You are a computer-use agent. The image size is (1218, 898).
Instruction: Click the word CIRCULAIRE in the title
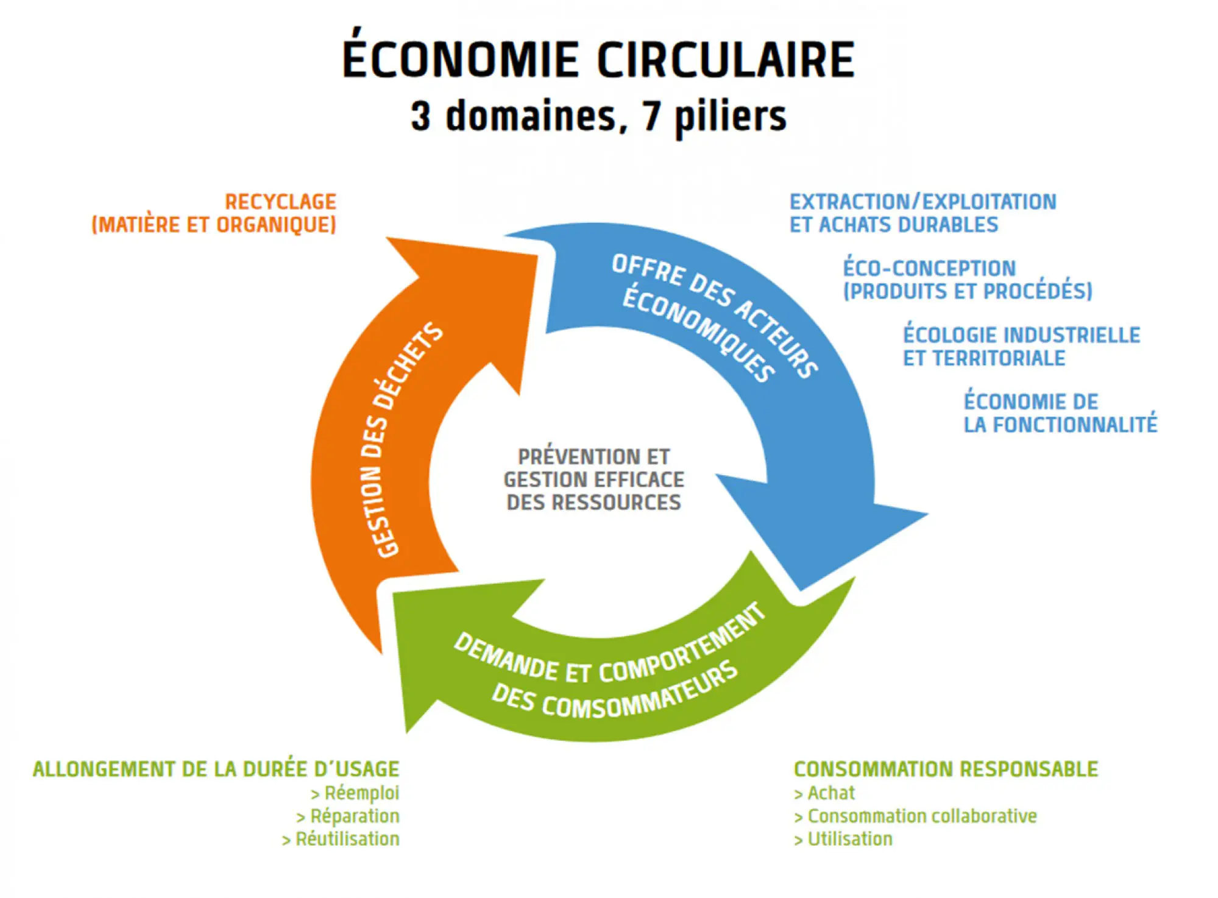[726, 60]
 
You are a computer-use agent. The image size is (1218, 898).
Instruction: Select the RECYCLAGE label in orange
[280, 202]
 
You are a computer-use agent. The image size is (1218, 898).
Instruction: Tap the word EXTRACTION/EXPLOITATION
[923, 202]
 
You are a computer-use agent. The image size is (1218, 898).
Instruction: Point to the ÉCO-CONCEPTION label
[929, 268]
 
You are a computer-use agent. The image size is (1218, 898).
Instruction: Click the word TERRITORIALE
[999, 358]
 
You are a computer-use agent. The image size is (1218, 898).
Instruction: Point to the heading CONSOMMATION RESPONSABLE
[946, 769]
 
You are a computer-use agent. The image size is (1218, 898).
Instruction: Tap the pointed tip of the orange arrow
[537, 256]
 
